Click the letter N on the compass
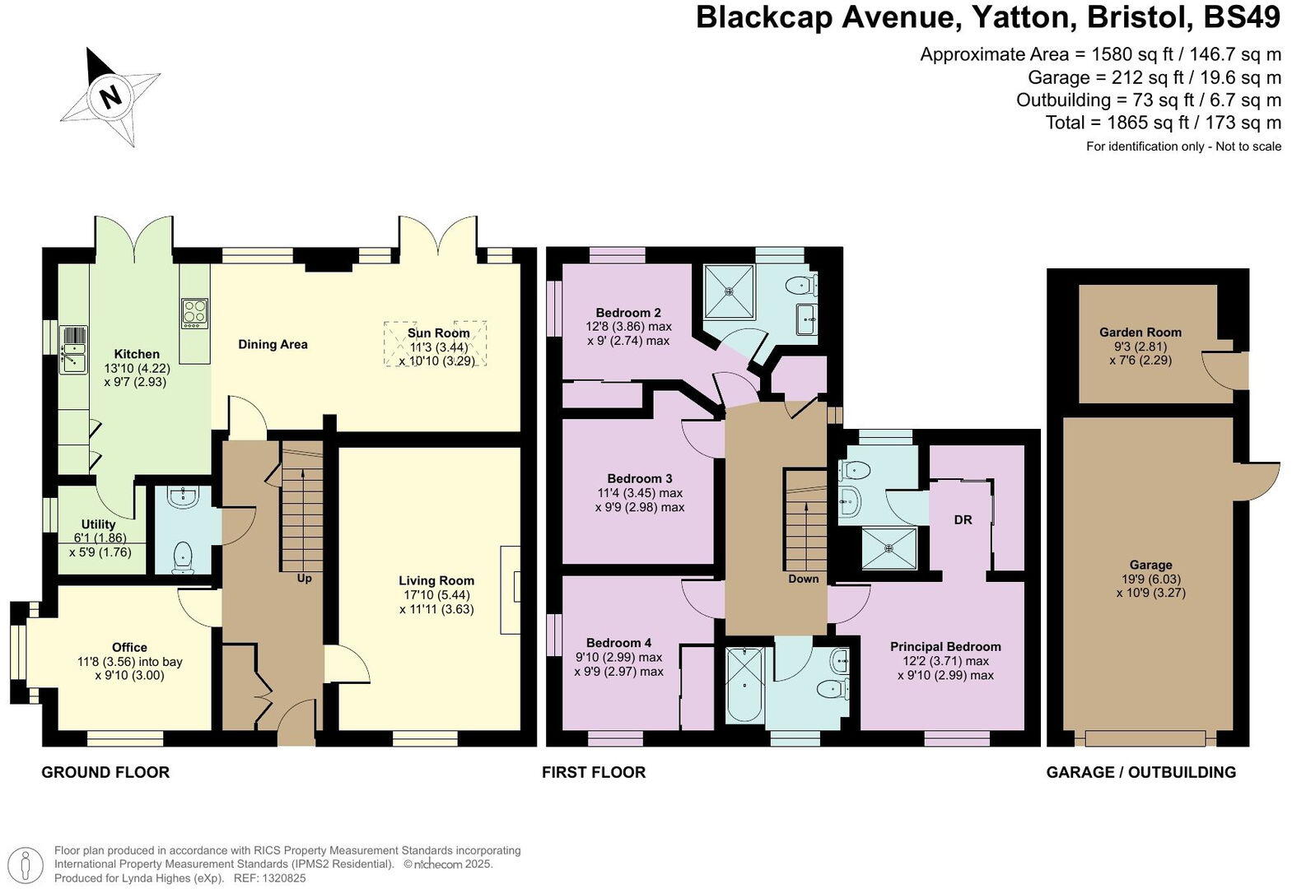coord(110,95)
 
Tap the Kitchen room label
coord(137,354)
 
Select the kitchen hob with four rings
coord(195,313)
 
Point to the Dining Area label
coord(273,344)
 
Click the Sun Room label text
coord(438,333)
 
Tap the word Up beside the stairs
coord(304,579)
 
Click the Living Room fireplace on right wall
coord(511,589)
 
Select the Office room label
coord(129,648)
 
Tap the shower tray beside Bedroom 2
coord(730,291)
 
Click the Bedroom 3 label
coord(640,478)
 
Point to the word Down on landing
coord(803,579)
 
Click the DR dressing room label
coord(963,520)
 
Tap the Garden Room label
coord(1140,333)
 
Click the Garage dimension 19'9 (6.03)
coord(1150,579)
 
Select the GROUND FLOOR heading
coord(105,772)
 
